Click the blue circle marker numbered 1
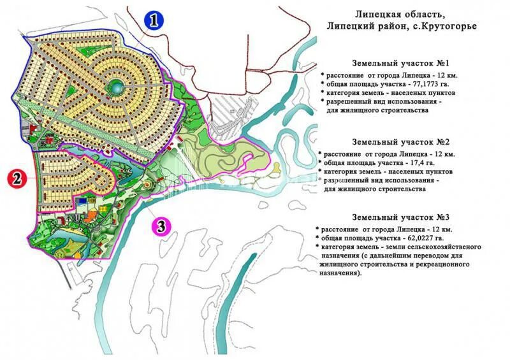pyautogui.click(x=153, y=20)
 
